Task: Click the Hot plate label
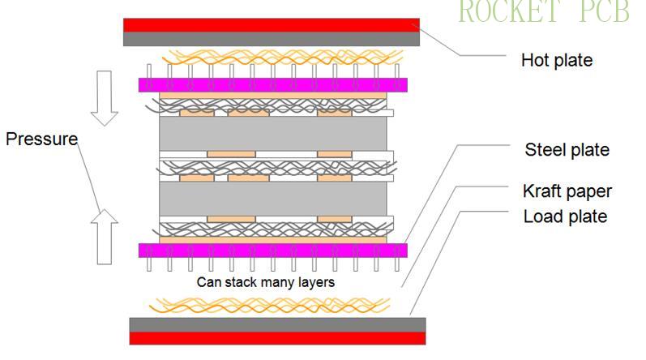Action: [556, 61]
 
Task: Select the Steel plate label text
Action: [567, 150]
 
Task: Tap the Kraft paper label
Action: [567, 191]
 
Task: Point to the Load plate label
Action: [565, 216]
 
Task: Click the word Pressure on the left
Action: [41, 139]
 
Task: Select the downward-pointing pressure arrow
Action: [103, 98]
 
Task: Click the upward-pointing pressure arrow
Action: [103, 236]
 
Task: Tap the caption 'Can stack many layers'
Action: [265, 283]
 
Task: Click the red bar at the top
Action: [271, 25]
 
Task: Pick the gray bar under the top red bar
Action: [271, 39]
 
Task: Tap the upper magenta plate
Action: [272, 85]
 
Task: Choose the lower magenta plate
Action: [272, 251]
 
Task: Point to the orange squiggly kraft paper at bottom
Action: [267, 305]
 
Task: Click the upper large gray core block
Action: [272, 133]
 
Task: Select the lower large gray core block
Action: [272, 199]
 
